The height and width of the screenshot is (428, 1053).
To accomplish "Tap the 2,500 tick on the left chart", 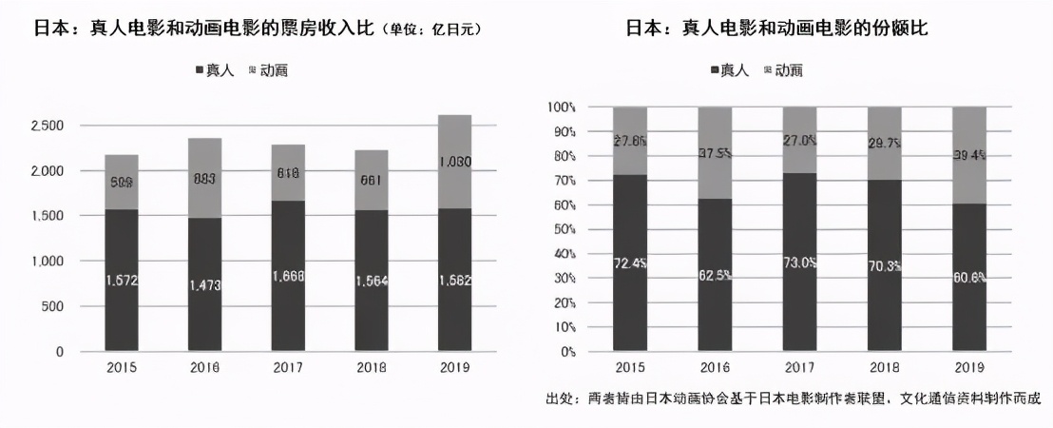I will pyautogui.click(x=47, y=126).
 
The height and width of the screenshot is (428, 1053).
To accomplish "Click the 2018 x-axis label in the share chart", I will pyautogui.click(x=885, y=369).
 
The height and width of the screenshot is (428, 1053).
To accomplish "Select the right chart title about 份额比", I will pyautogui.click(x=776, y=29).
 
